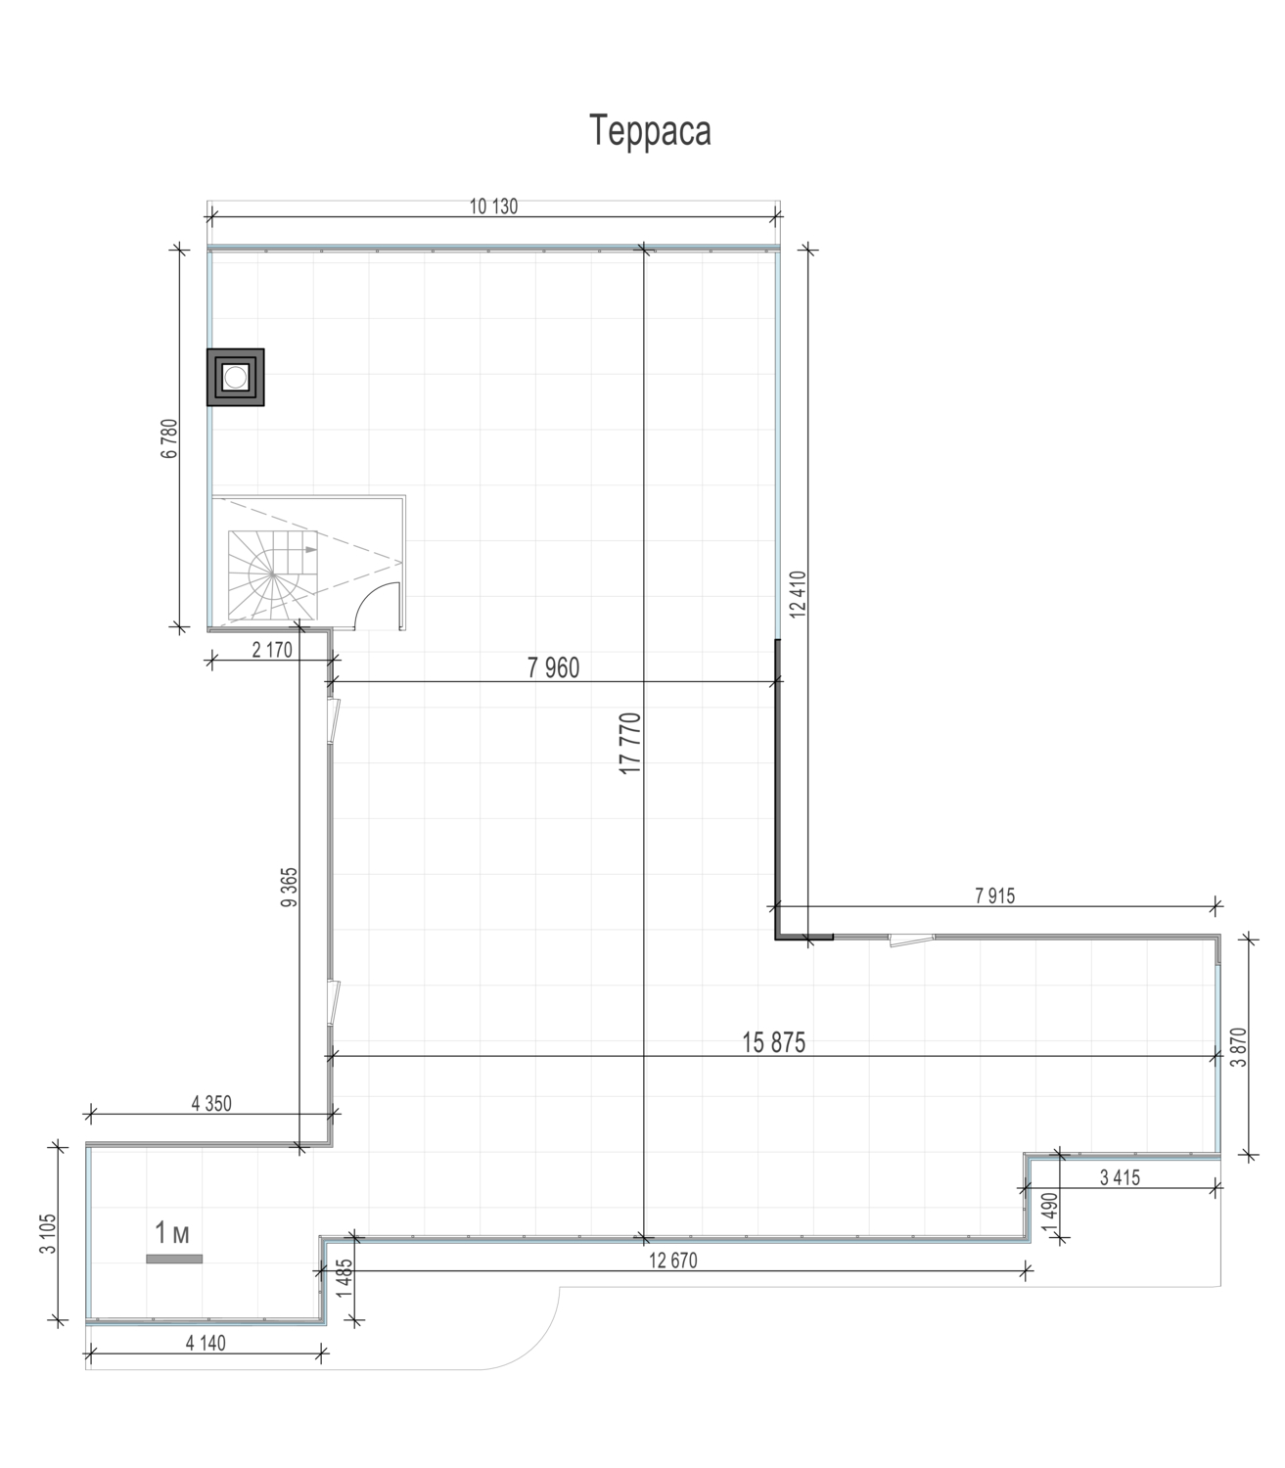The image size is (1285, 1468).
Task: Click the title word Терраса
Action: click(650, 130)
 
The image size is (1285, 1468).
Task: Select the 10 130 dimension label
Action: click(493, 206)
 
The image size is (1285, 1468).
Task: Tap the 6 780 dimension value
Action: click(169, 438)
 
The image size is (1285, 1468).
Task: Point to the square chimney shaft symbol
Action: click(235, 378)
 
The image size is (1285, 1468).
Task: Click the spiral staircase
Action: click(273, 574)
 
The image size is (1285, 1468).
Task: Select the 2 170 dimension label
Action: click(273, 650)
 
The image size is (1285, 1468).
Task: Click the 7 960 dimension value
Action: click(553, 668)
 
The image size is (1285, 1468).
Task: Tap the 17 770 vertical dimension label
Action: click(629, 744)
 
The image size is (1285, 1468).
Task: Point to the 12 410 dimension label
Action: click(797, 594)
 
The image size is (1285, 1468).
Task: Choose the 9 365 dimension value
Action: click(289, 888)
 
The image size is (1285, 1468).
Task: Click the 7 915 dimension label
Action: click(995, 895)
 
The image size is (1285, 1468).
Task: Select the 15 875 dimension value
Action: click(773, 1042)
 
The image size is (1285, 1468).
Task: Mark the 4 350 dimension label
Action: click(211, 1104)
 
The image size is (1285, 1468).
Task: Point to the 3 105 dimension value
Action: click(48, 1233)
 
